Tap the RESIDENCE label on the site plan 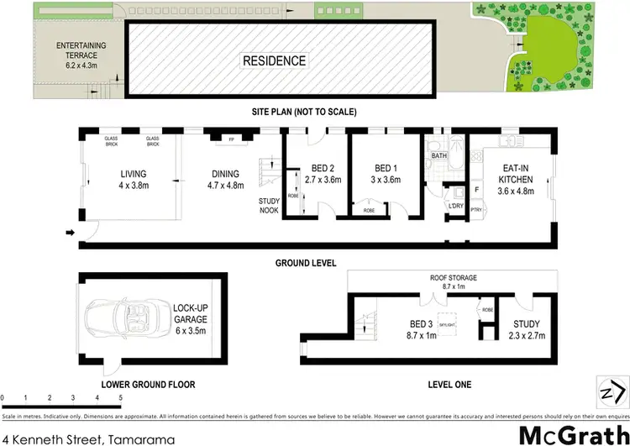274,61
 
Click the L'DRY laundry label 456,206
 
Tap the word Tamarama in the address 140,415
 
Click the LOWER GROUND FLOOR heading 148,385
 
